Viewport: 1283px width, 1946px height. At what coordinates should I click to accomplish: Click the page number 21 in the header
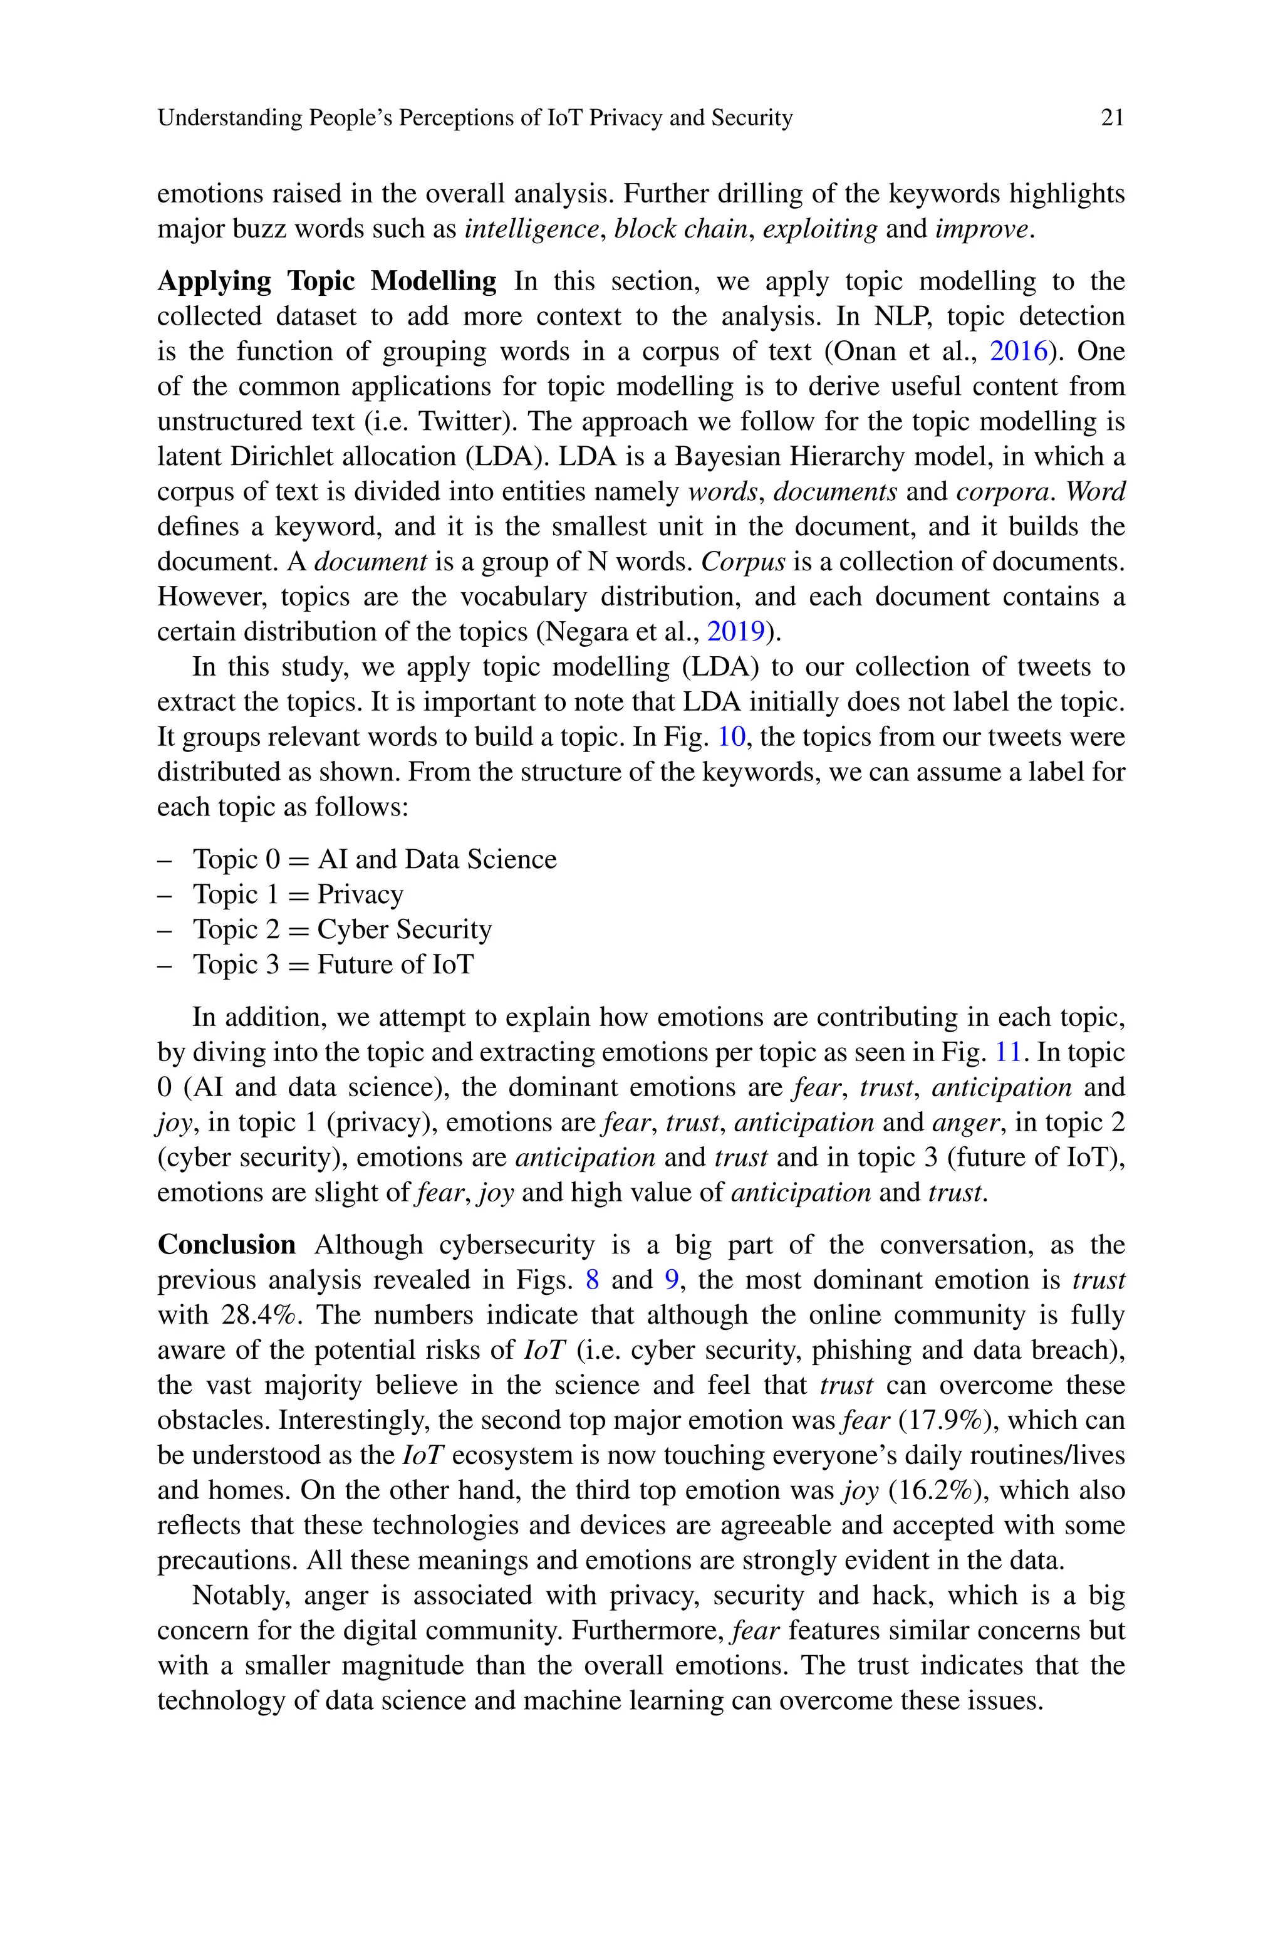point(1112,118)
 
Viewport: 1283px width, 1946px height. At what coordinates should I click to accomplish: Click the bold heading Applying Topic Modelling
point(326,281)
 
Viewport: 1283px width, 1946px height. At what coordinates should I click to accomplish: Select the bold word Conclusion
point(227,1245)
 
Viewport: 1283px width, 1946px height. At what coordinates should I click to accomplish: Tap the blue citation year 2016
point(1018,352)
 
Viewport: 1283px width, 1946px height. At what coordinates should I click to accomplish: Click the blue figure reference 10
point(732,737)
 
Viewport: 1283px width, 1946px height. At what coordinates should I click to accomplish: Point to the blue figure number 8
point(593,1280)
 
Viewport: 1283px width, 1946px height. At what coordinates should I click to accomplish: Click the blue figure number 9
point(672,1280)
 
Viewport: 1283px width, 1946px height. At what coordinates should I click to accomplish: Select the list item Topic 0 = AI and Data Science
point(374,859)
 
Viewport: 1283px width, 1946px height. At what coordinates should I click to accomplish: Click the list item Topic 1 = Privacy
point(298,894)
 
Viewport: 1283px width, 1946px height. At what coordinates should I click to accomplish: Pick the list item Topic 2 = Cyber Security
point(342,929)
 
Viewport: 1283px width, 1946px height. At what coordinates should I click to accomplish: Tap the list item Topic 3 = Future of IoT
point(333,965)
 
